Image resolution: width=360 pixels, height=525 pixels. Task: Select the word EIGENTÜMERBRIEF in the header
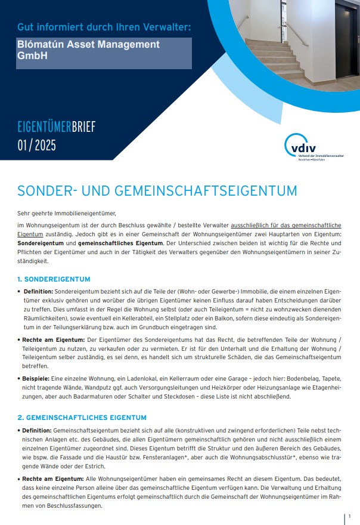point(57,127)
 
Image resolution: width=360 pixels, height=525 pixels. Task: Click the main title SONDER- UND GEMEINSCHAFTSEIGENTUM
point(157,191)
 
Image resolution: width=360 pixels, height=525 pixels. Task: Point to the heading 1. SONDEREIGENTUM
point(54,279)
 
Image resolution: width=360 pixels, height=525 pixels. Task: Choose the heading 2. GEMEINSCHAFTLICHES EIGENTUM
point(82,417)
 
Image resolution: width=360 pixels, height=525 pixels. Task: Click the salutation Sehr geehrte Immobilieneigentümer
point(66,213)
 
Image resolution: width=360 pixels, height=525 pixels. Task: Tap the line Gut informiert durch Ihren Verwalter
point(104,27)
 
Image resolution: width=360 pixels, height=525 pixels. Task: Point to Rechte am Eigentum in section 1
point(53,339)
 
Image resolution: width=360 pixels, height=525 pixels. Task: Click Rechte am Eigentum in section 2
point(53,479)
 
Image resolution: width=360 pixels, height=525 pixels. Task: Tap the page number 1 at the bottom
point(352,517)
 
